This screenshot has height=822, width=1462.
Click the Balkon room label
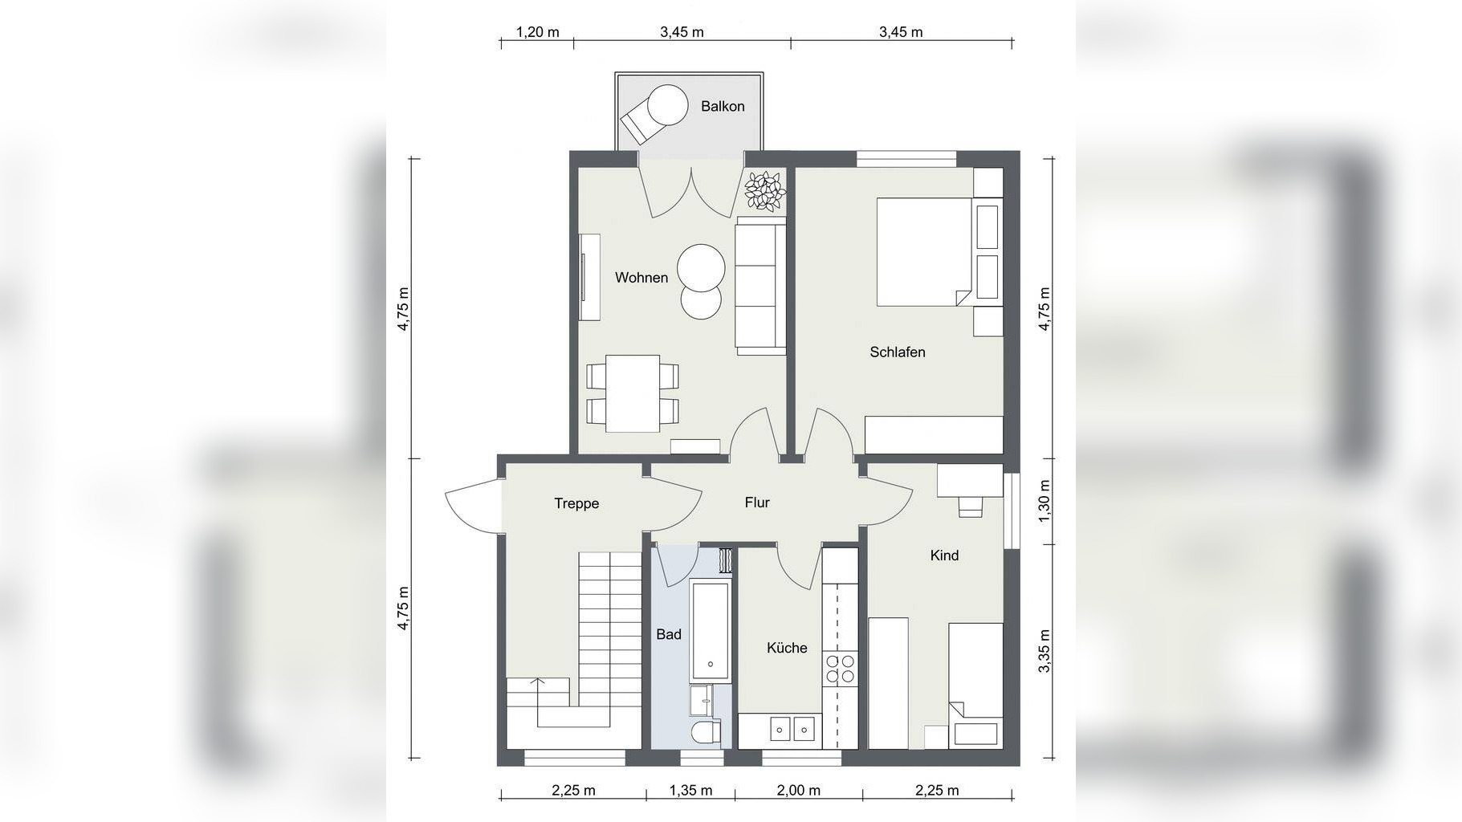click(x=723, y=106)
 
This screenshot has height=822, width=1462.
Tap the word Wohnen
click(x=641, y=278)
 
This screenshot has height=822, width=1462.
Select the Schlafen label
click(x=898, y=352)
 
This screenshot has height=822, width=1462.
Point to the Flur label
click(x=757, y=503)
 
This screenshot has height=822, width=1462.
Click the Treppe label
click(x=576, y=504)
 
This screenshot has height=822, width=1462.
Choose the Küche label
click(x=787, y=648)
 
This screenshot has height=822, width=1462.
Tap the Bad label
click(x=669, y=634)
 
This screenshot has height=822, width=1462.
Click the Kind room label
click(x=944, y=555)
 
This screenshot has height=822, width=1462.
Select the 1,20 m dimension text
click(x=537, y=32)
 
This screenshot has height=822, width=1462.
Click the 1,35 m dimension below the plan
click(x=690, y=790)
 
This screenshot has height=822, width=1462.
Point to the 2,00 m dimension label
click(x=799, y=790)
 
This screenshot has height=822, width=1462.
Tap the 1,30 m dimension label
click(x=1045, y=501)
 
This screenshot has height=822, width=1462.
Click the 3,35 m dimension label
click(x=1045, y=651)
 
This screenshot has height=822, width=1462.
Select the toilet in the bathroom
click(x=706, y=733)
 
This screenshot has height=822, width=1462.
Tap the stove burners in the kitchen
click(x=840, y=669)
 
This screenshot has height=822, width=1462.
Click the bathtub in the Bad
click(x=711, y=632)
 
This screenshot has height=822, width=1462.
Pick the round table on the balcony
click(x=668, y=104)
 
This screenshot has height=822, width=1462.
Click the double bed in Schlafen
click(x=925, y=251)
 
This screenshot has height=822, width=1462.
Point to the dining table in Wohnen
click(x=633, y=393)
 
